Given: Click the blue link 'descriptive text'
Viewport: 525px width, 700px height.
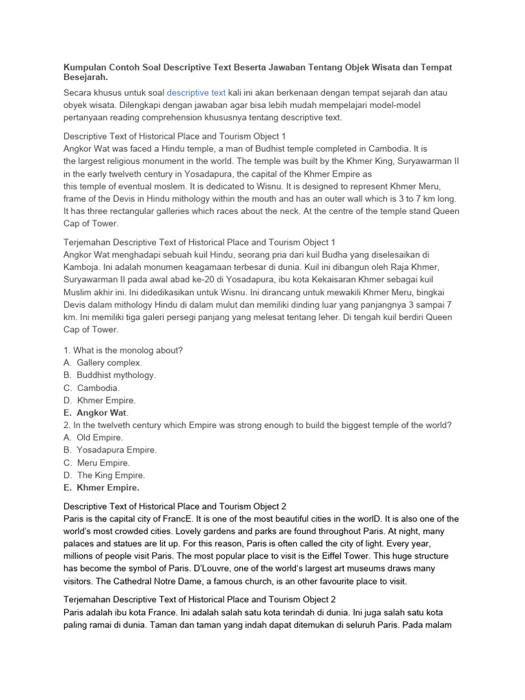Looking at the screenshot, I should (x=196, y=92).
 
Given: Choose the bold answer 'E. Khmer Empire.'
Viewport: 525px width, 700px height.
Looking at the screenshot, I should (x=101, y=487).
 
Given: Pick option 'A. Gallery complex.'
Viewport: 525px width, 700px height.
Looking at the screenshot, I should (x=103, y=362).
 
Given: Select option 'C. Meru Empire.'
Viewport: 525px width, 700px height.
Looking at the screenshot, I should (x=96, y=463).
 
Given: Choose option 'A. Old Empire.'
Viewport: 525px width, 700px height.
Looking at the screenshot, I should (x=93, y=437).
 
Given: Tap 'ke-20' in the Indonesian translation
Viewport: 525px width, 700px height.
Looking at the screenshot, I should (x=196, y=280).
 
